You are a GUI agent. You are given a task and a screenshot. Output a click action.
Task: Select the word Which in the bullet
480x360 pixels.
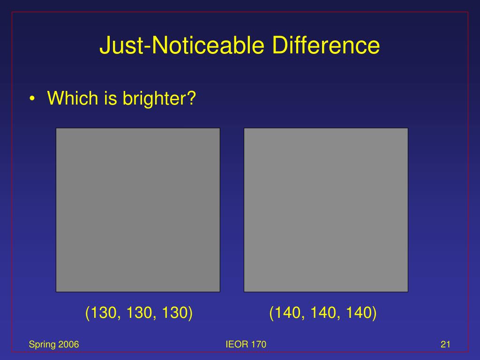[70, 98]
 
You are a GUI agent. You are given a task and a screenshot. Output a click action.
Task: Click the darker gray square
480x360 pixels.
[138, 210]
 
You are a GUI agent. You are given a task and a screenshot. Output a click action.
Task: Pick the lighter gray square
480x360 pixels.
[326, 210]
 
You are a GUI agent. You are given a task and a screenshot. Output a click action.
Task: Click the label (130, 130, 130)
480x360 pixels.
[139, 313]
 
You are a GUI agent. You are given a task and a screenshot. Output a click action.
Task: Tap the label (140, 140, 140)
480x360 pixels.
[323, 313]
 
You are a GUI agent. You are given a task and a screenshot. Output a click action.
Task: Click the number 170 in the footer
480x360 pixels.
[259, 345]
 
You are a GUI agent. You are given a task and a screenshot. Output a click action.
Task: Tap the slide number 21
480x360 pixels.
[445, 345]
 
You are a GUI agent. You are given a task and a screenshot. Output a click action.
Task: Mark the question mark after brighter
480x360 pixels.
[191, 98]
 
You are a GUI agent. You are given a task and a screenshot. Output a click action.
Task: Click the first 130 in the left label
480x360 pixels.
[104, 313]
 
